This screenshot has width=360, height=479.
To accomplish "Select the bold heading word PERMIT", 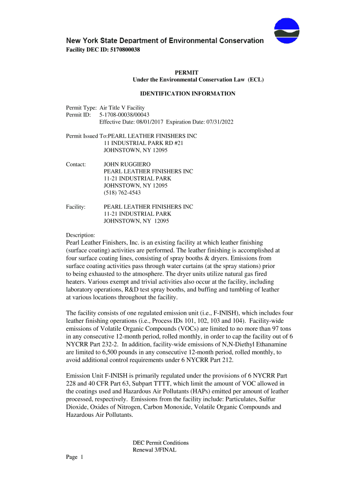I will [187, 73].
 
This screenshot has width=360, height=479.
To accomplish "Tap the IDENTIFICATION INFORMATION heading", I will [187, 94].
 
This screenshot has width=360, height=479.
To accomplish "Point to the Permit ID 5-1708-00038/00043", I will [124, 115].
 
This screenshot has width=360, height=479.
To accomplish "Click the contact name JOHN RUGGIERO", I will [127, 165].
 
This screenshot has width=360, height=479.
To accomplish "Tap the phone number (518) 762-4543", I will [122, 193].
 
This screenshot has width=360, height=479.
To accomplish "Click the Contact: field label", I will [76, 165].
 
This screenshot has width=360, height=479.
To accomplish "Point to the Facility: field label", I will [76, 207].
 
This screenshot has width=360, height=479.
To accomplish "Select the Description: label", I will [80, 235].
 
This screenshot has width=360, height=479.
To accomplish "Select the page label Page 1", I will [74, 457].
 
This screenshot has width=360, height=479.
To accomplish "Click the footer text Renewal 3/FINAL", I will [154, 450].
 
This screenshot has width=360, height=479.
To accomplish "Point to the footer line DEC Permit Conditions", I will [160, 443].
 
